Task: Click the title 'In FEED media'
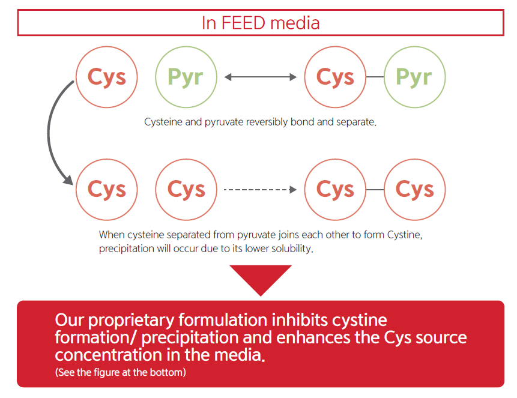tap(261, 23)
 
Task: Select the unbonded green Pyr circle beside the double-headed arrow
tap(186, 77)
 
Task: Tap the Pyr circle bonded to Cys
tap(415, 77)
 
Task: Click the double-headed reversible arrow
tap(261, 77)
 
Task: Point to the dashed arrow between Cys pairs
tap(260, 190)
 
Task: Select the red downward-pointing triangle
tap(261, 280)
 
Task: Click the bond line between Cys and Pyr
tap(375, 77)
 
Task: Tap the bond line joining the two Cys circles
tap(375, 190)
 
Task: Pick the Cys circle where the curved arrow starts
tap(107, 77)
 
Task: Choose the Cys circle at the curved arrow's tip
tap(107, 190)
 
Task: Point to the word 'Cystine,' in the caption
tap(405, 235)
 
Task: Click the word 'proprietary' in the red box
tap(132, 321)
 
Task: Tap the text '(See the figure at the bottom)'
tap(120, 372)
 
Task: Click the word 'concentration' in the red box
tap(109, 355)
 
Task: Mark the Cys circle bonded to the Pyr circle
tap(335, 77)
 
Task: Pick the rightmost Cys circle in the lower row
tap(415, 190)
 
